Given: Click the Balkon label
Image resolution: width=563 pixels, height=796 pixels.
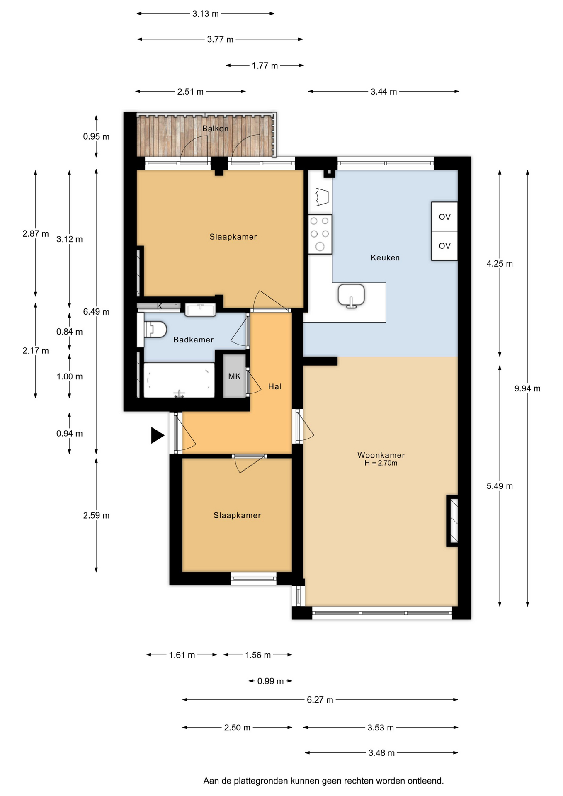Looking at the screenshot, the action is [x=215, y=129].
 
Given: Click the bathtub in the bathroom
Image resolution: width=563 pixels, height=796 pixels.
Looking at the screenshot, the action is [x=179, y=380].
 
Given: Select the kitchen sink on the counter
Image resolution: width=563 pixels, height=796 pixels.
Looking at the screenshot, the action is [x=351, y=296].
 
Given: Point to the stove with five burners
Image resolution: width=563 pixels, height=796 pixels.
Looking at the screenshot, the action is [x=320, y=234].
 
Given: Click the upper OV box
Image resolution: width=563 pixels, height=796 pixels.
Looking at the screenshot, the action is [x=444, y=216].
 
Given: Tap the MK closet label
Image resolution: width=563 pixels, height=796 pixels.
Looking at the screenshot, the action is [x=234, y=376].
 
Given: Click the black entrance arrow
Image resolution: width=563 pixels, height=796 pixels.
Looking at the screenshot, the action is [x=158, y=435].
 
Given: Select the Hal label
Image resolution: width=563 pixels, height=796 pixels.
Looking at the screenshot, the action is [x=275, y=386].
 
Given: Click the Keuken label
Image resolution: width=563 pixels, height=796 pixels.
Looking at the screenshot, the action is [x=385, y=257].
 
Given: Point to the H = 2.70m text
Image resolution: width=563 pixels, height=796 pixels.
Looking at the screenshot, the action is [x=381, y=463].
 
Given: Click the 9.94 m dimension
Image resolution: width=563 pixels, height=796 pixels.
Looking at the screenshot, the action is [x=527, y=388].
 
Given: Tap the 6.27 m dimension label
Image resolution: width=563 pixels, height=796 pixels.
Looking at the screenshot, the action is [x=320, y=700].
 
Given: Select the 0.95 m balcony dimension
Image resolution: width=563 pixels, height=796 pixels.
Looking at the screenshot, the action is [x=96, y=136].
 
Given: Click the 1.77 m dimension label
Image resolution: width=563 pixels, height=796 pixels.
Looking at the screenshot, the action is [x=265, y=66].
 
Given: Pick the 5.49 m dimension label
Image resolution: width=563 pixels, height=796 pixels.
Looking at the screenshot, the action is [x=500, y=486].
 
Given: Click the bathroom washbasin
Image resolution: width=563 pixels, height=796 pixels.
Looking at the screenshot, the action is [x=200, y=310].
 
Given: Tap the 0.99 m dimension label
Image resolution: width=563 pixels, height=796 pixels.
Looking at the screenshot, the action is [x=270, y=681].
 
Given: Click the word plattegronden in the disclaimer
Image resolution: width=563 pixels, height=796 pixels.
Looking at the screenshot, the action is [x=261, y=781].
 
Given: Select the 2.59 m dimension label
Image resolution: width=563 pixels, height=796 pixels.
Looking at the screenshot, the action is [x=96, y=515].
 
